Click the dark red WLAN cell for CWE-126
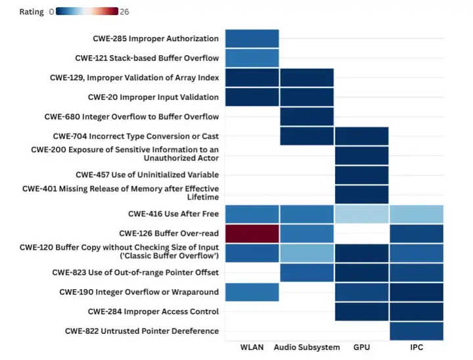pyautogui.click(x=252, y=234)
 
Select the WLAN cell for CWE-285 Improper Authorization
pyautogui.click(x=252, y=39)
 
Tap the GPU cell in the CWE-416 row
pyautogui.click(x=361, y=214)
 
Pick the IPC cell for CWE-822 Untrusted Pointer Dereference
pyautogui.click(x=416, y=331)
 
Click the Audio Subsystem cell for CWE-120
pyautogui.click(x=307, y=253)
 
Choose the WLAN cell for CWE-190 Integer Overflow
pyautogui.click(x=252, y=292)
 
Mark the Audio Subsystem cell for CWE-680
pyautogui.click(x=307, y=117)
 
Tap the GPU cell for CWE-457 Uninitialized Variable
pyautogui.click(x=361, y=175)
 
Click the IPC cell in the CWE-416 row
pyautogui.click(x=416, y=214)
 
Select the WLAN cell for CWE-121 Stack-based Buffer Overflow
pyautogui.click(x=252, y=58)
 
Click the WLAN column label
pyautogui.click(x=252, y=348)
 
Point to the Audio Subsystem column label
pyautogui.click(x=307, y=348)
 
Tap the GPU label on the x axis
pyautogui.click(x=361, y=348)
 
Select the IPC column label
pyautogui.click(x=416, y=348)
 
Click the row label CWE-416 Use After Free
pyautogui.click(x=173, y=214)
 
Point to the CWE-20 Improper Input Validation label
pyautogui.click(x=154, y=97)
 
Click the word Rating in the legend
pyautogui.click(x=32, y=12)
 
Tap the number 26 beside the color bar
pyautogui.click(x=125, y=12)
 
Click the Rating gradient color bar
pyautogui.click(x=87, y=11)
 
